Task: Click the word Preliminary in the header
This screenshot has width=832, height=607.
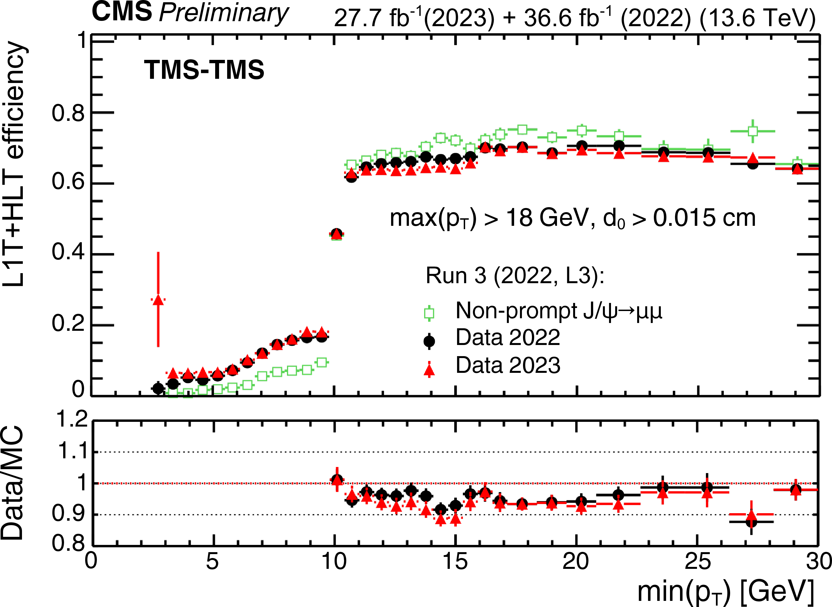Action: tap(224, 14)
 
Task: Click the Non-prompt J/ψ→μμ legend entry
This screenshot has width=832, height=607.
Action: tap(558, 311)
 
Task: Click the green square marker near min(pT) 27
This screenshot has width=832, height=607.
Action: tap(752, 131)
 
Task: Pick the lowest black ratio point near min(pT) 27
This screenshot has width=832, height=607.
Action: tap(751, 522)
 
